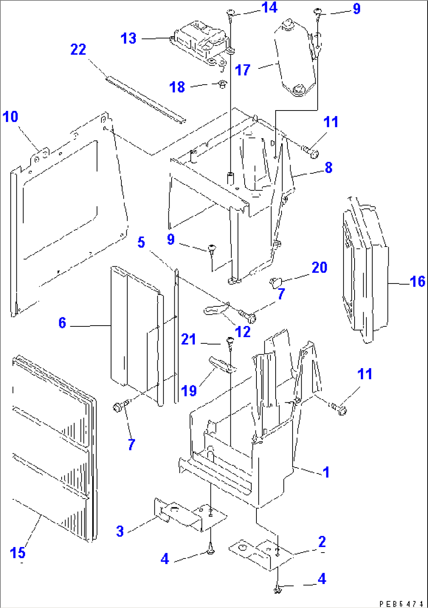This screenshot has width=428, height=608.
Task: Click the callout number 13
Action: pos(128,39)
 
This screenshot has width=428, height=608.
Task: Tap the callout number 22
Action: pos(78,50)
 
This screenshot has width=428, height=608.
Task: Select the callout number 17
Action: pos(243,70)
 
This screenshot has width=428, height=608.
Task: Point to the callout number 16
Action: pos(417,282)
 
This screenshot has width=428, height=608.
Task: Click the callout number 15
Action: pos(18,553)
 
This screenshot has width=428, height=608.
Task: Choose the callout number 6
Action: pos(62,323)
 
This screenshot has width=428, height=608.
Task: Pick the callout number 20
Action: pos(319,267)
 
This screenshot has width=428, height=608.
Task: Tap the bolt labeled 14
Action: pos(230,15)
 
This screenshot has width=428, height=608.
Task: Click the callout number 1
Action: pos(326,472)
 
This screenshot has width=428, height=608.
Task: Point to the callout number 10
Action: pos(10,117)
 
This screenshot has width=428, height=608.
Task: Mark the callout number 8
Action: pos(329,168)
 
